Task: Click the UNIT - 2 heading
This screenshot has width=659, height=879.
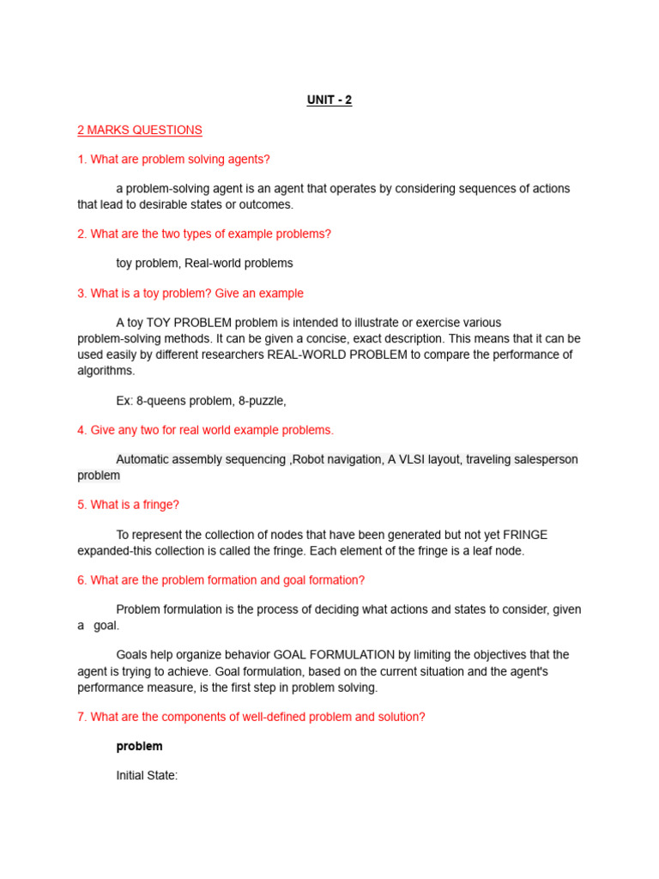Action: point(329,100)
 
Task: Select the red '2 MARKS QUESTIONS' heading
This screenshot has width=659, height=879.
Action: point(140,130)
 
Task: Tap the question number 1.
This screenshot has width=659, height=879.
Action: point(82,159)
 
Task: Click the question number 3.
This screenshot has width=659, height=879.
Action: point(82,294)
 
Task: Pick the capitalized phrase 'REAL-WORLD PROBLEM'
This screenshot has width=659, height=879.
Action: point(337,355)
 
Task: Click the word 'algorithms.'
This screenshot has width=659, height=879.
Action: point(106,371)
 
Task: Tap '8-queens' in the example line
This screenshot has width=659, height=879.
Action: point(160,401)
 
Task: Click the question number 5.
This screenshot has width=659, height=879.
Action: point(82,505)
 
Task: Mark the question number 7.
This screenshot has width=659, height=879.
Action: point(82,717)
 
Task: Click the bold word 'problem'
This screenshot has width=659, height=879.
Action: point(139,747)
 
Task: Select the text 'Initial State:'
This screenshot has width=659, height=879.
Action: point(147,776)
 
